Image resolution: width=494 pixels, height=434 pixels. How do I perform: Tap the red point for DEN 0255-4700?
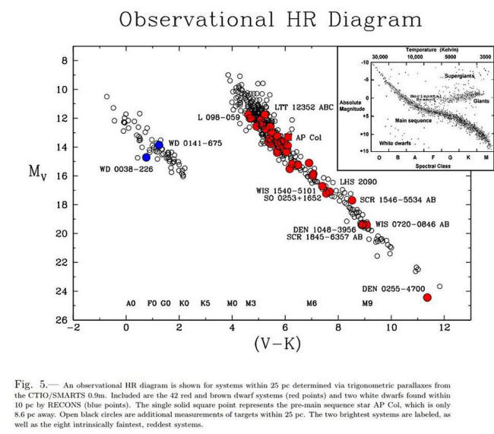pos(426,297)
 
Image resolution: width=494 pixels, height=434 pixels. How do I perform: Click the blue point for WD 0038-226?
pos(146,157)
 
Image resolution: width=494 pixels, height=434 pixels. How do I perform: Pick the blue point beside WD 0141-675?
pos(159,144)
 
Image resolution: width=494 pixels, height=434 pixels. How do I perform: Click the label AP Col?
pos(308,138)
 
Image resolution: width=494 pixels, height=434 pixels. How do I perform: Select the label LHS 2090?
pos(357,182)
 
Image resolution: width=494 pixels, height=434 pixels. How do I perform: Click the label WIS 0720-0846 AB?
pos(413,224)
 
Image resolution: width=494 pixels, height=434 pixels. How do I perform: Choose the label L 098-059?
pos(218,118)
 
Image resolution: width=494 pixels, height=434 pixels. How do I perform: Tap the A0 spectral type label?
pos(131,303)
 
